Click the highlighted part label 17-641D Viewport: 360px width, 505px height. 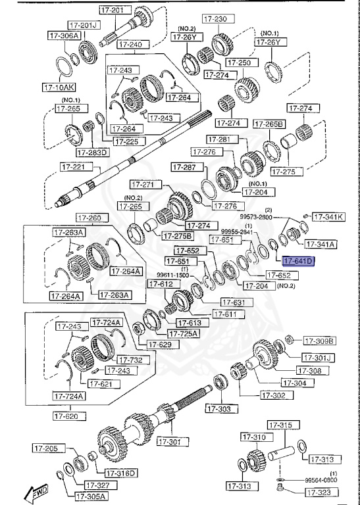pos(295,261)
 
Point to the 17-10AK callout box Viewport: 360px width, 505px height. pos(59,86)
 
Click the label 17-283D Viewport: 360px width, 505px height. pos(92,153)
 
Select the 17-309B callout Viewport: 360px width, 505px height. pos(319,341)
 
